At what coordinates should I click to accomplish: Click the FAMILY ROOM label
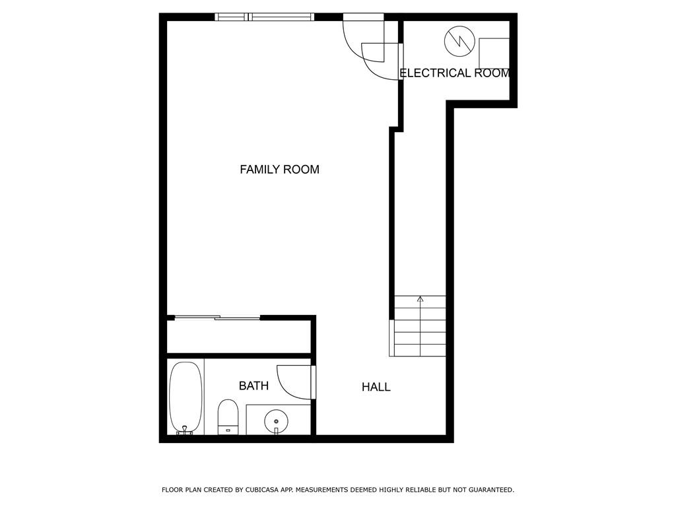[279, 170]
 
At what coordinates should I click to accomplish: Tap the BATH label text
[254, 386]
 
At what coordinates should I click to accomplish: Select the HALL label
[376, 387]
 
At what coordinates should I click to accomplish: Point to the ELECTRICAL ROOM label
[455, 73]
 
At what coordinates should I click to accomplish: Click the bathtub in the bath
[186, 397]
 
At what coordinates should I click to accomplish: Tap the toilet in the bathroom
[228, 417]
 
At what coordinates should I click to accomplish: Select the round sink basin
[276, 421]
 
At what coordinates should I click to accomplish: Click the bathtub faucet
[185, 430]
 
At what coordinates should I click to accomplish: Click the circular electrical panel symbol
[459, 42]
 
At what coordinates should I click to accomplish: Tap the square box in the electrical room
[494, 53]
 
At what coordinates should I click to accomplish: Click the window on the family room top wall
[265, 17]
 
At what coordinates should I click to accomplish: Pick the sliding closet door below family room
[218, 318]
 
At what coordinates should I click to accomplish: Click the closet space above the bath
[239, 337]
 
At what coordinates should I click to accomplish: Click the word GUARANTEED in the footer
[491, 490]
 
